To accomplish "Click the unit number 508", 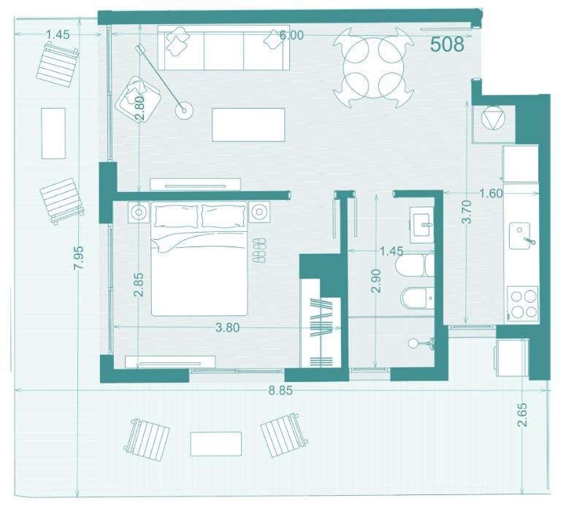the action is (x=447, y=44).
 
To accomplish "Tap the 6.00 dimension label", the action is (x=291, y=35).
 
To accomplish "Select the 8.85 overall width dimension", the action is (x=280, y=390).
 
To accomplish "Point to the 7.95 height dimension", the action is (x=79, y=257).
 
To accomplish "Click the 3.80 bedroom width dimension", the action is (x=227, y=327).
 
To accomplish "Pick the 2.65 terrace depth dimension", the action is (x=522, y=415).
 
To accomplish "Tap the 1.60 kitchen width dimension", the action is (x=491, y=193).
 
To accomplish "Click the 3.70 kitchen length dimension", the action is (x=467, y=211).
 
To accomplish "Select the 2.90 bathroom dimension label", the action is (x=376, y=281).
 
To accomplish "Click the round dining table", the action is (x=374, y=68).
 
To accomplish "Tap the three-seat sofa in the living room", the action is (x=223, y=47).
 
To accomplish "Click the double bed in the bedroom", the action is (x=199, y=258).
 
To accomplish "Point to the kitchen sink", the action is (x=519, y=236).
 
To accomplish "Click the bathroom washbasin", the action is (x=421, y=225).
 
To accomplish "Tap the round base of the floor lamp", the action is (x=184, y=109).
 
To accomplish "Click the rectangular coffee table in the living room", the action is (x=248, y=125).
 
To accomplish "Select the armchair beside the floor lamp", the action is (x=137, y=99).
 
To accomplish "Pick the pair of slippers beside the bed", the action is (x=259, y=249).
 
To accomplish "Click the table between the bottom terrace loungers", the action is (x=216, y=444).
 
